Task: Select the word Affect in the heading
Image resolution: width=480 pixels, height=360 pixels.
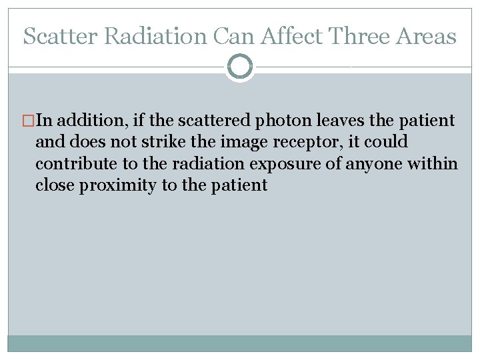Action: point(295,36)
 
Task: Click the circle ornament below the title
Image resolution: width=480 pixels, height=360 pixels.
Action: point(240,67)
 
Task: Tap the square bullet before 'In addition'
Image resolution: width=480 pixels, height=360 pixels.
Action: point(29,121)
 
